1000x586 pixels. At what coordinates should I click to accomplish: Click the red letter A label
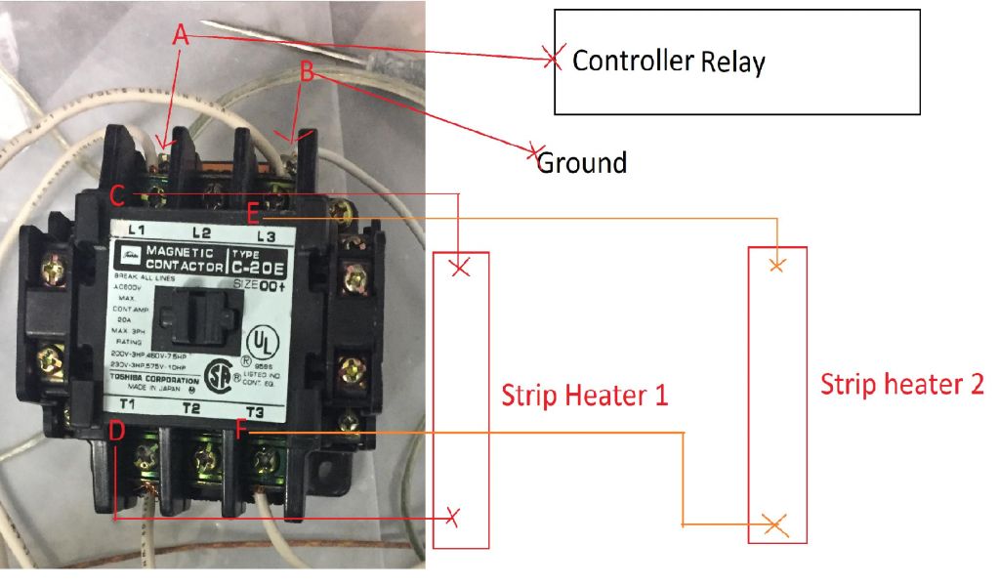pyautogui.click(x=179, y=35)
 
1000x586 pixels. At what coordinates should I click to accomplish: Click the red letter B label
pyautogui.click(x=307, y=71)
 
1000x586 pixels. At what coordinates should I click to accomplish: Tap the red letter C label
pyautogui.click(x=116, y=196)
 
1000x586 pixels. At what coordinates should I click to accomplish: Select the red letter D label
pyautogui.click(x=116, y=432)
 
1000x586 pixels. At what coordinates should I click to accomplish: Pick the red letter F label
pyautogui.click(x=243, y=431)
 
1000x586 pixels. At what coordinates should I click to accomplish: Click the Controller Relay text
pyautogui.click(x=669, y=62)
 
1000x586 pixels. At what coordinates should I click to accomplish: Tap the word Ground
pyautogui.click(x=582, y=162)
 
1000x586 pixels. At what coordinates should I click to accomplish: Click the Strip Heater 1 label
pyautogui.click(x=584, y=397)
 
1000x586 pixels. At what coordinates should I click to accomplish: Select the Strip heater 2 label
pyautogui.click(x=901, y=383)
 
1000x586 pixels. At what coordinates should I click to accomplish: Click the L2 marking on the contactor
pyautogui.click(x=202, y=232)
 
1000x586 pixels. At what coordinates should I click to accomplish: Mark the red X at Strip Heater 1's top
pyautogui.click(x=461, y=266)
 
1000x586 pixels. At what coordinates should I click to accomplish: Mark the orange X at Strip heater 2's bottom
pyautogui.click(x=774, y=524)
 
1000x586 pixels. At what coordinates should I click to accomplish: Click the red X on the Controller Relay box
pyautogui.click(x=553, y=59)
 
